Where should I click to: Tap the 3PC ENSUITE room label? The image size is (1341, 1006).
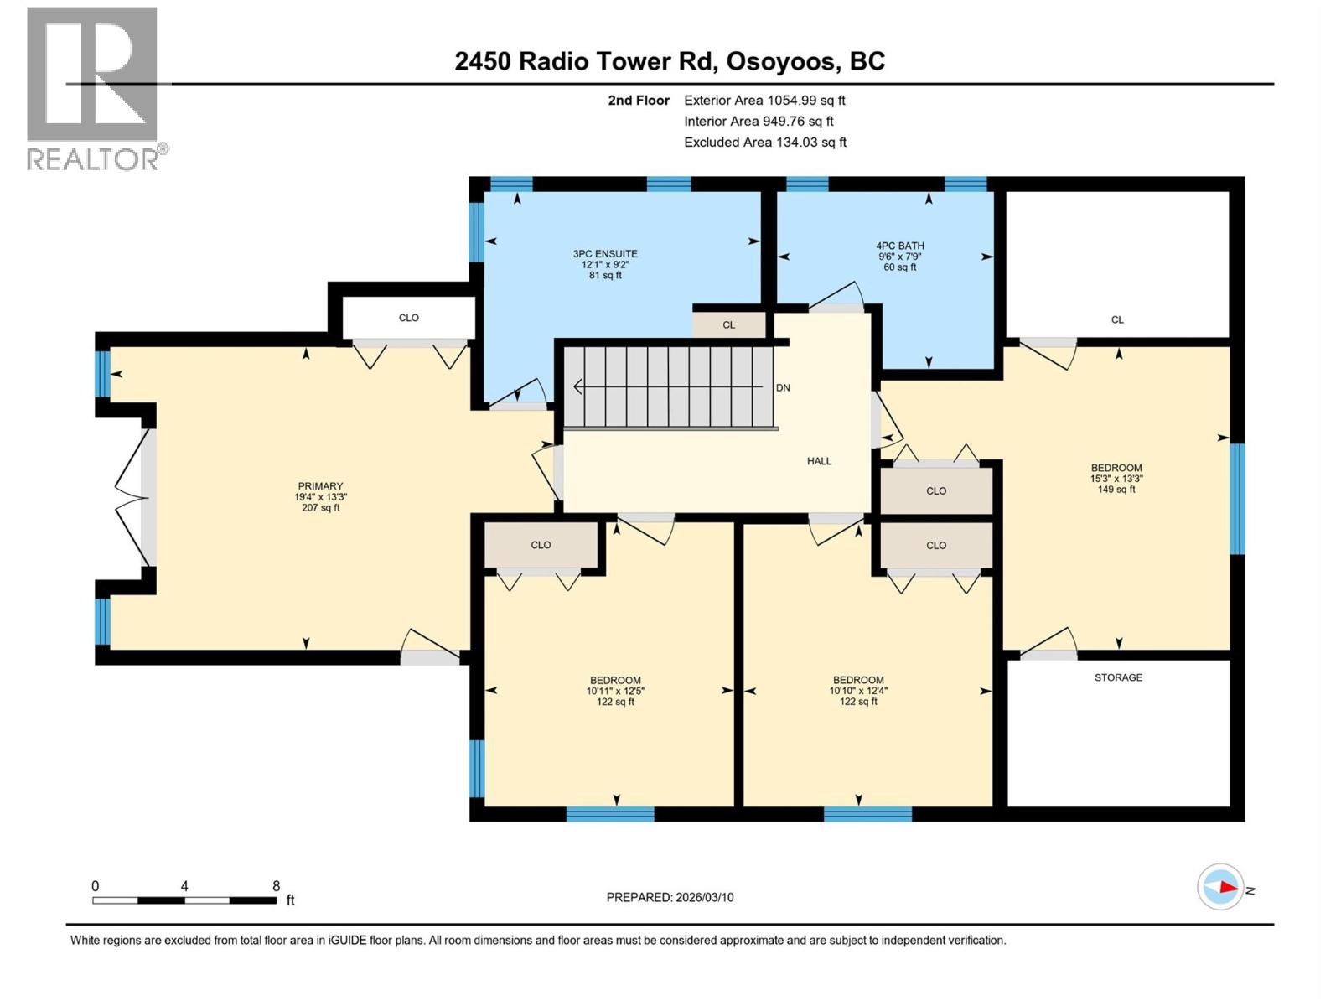click(605, 254)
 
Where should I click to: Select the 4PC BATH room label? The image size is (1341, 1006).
click(900, 246)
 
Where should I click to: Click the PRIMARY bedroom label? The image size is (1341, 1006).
click(320, 486)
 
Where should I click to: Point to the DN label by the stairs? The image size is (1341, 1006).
click(783, 388)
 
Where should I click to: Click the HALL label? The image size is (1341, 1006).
click(819, 461)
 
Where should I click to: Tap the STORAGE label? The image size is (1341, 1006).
click(1118, 677)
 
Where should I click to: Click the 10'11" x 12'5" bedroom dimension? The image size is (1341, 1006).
click(615, 692)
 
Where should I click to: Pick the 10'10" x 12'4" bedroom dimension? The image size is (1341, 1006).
click(858, 692)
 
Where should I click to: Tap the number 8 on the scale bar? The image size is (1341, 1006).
click(276, 886)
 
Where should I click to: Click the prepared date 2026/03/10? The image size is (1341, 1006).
click(670, 897)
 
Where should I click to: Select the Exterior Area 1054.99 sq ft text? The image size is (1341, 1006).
click(764, 101)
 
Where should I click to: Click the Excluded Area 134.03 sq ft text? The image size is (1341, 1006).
click(764, 143)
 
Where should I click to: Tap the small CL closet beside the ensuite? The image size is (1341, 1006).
click(728, 324)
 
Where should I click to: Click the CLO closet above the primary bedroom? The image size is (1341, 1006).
click(409, 318)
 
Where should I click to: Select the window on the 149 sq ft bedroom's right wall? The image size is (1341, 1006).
click(1237, 499)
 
